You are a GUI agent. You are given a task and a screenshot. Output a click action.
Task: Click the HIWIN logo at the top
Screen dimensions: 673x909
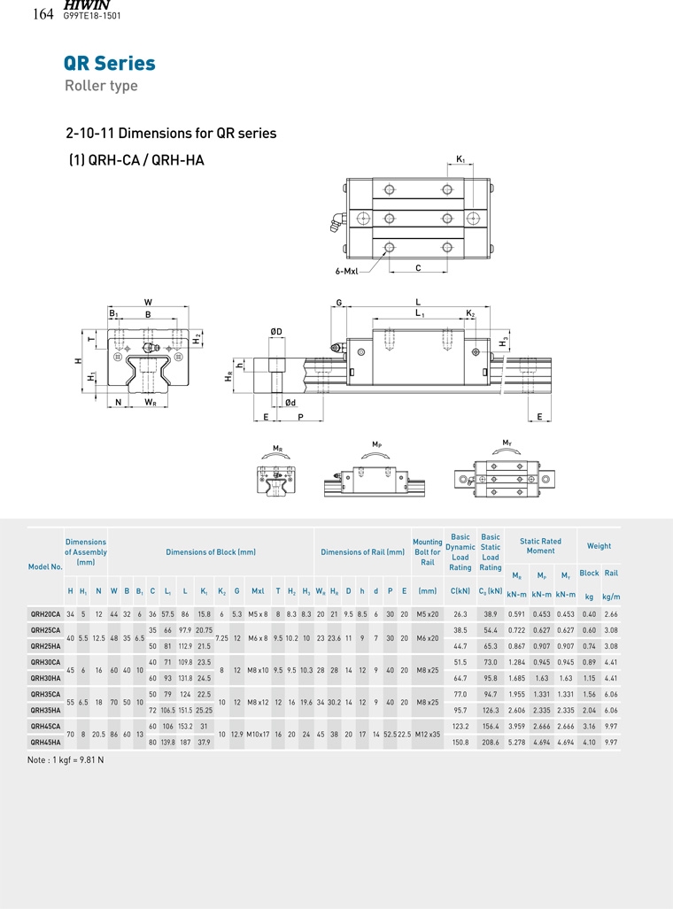point(87,4)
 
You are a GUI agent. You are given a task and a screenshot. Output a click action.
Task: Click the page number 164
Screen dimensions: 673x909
point(43,14)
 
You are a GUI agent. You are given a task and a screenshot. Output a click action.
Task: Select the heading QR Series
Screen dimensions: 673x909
point(110,63)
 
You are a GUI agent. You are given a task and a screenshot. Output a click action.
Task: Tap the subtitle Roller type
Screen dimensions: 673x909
point(101,86)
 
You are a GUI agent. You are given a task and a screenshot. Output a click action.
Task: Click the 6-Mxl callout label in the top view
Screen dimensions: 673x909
point(346,271)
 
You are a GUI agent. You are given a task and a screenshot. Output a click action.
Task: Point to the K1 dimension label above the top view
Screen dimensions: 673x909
point(460,158)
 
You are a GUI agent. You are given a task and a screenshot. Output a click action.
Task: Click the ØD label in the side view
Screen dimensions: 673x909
point(276,332)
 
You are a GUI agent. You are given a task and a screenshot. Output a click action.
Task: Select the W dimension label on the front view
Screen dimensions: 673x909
point(148,302)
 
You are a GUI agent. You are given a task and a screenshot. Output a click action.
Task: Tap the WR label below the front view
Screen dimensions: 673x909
point(151,403)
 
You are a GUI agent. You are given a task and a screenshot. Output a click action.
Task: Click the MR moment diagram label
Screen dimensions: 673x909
point(278,448)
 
